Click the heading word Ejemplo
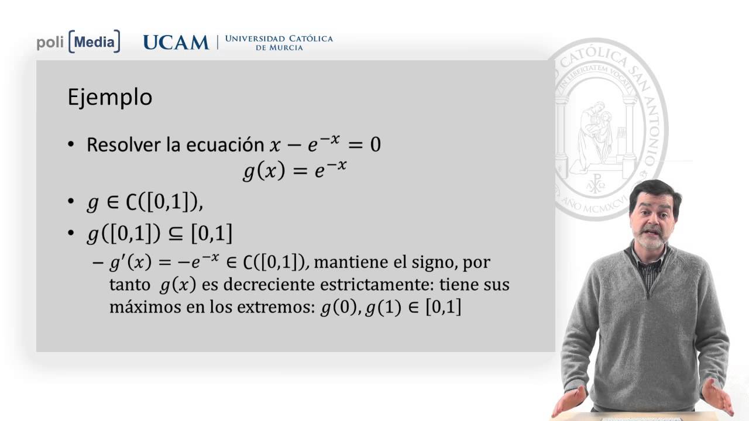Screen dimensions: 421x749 [x=110, y=97]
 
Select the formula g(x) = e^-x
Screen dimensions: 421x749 [x=295, y=171]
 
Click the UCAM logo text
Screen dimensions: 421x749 [x=176, y=42]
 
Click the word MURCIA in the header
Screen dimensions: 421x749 [x=280, y=47]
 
